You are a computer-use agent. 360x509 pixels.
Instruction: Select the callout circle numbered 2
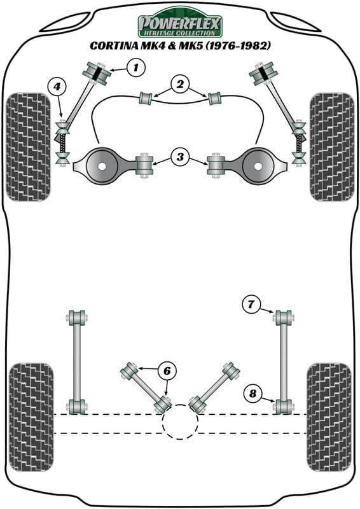[x=180, y=83]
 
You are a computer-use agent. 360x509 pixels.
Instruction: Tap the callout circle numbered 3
[x=180, y=157]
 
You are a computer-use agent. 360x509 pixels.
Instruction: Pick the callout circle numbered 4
[x=57, y=86]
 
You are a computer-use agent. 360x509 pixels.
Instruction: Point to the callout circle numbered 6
[x=167, y=370]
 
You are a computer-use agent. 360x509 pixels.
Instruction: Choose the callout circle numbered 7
[x=251, y=305]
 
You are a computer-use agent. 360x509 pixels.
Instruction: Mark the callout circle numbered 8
[x=253, y=395]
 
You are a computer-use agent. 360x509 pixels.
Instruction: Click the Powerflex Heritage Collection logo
[x=180, y=25]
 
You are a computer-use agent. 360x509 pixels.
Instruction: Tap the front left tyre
[x=27, y=147]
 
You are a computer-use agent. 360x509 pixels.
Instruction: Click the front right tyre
[x=331, y=147]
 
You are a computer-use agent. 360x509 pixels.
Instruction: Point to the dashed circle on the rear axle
[x=180, y=422]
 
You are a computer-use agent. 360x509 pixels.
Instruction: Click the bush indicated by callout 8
[x=282, y=405]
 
